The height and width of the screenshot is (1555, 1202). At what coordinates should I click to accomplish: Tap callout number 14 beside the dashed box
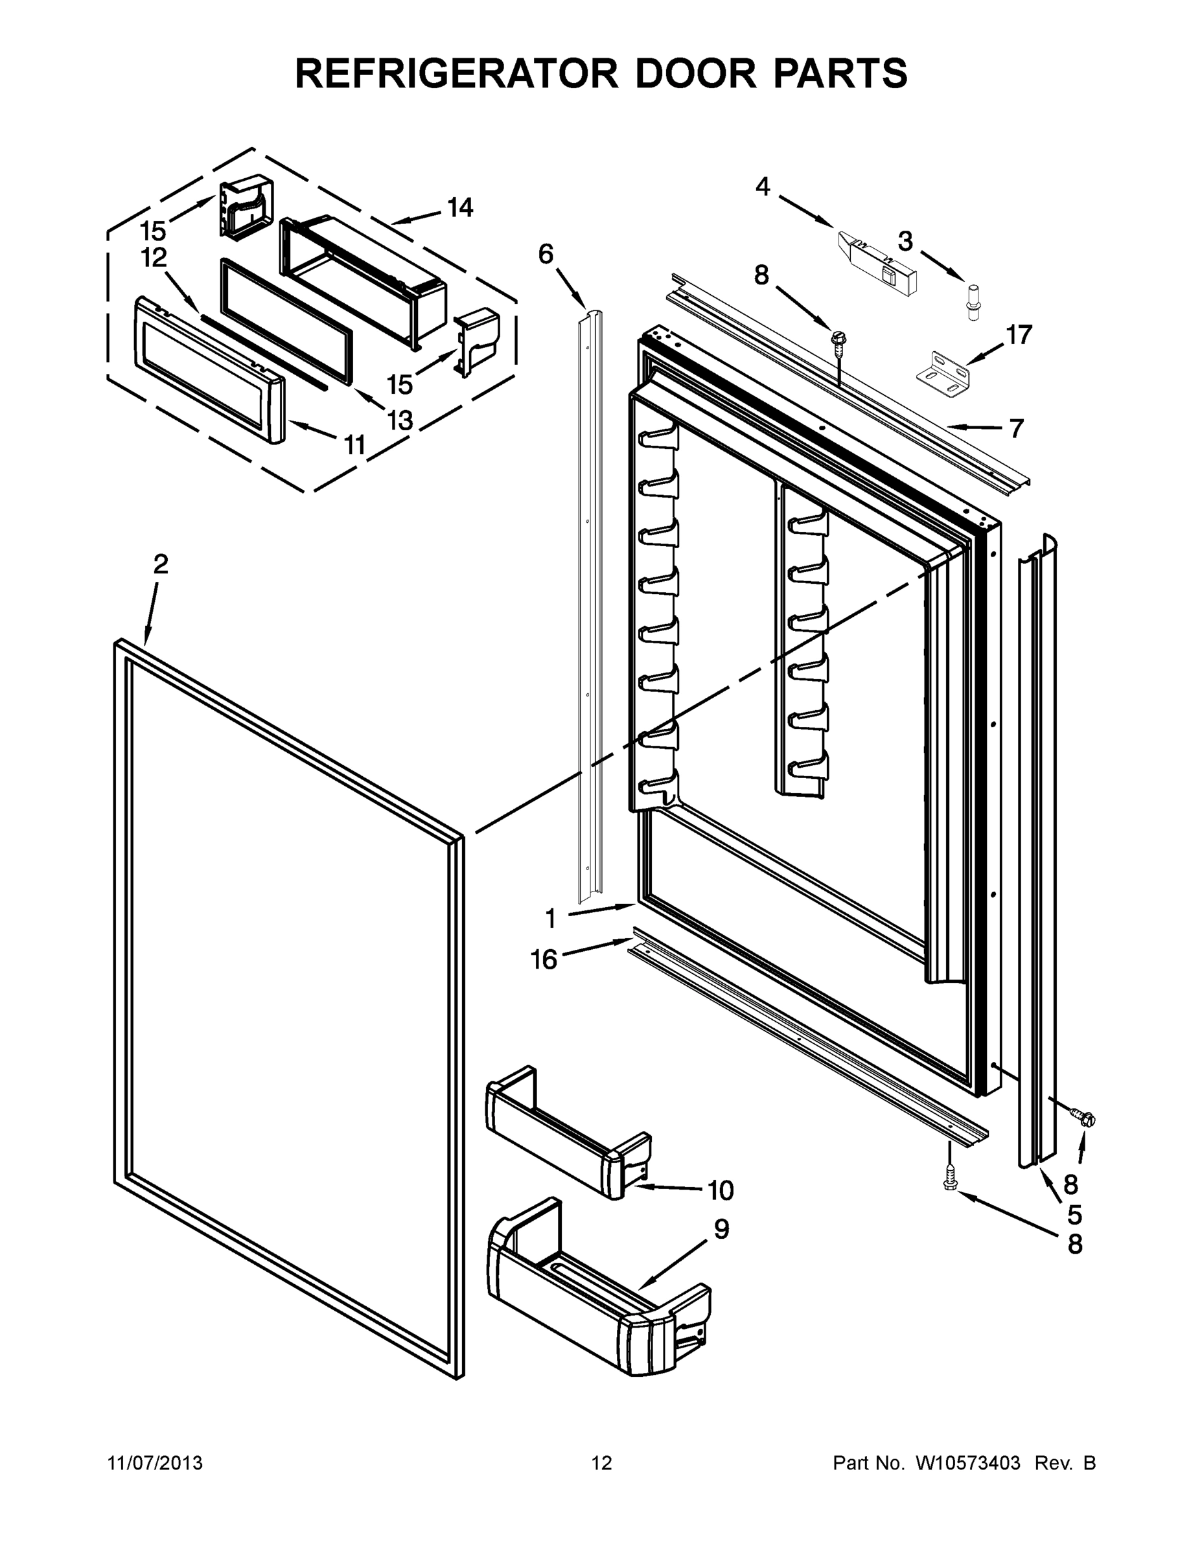click(460, 208)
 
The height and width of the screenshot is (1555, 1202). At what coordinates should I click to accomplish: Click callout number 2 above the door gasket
click(161, 564)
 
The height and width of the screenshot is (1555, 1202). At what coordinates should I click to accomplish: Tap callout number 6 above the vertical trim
click(546, 254)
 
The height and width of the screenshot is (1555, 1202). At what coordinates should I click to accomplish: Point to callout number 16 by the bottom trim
click(544, 960)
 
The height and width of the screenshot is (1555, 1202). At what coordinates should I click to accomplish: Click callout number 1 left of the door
click(550, 919)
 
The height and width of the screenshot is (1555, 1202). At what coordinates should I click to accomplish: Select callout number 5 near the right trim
click(1075, 1214)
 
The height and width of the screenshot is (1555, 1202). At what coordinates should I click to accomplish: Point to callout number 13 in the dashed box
click(400, 420)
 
